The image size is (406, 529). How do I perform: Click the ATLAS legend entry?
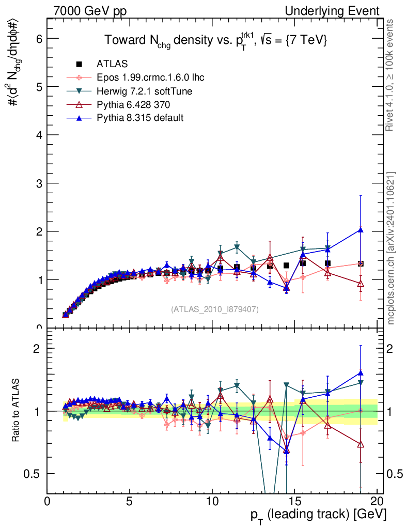point(112,64)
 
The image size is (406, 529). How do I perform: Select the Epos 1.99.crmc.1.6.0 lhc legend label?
point(150,77)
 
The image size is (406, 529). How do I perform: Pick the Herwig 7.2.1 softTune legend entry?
point(145,91)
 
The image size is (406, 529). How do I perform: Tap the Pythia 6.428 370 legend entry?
point(134,104)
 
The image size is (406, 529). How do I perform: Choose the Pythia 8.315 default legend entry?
point(139,118)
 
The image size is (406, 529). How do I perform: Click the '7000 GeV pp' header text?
point(89,11)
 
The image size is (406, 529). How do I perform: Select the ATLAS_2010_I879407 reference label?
point(215,309)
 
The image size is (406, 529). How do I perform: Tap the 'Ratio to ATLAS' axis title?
point(17,411)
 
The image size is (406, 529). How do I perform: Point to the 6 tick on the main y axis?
point(38,38)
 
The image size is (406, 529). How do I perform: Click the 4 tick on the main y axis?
point(38,135)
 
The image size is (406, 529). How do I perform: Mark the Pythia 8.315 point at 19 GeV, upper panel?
point(361,230)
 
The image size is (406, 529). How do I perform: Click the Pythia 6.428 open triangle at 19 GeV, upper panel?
point(361,283)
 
